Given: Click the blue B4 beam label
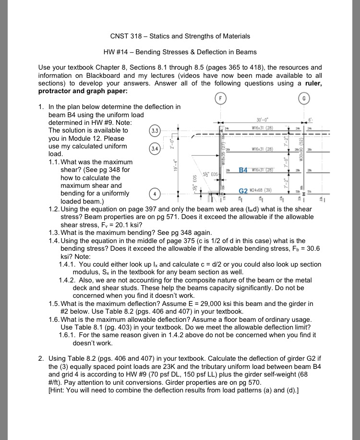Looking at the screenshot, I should click(x=243, y=171).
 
